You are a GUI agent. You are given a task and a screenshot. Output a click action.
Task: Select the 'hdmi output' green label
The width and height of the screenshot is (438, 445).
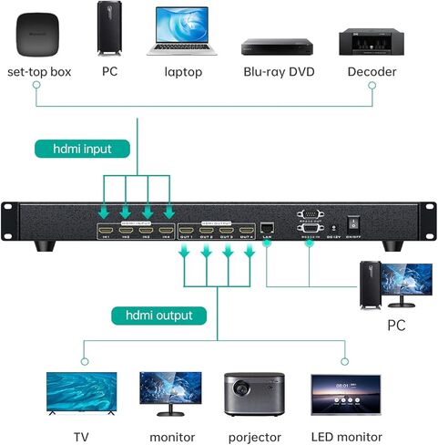click(158, 316)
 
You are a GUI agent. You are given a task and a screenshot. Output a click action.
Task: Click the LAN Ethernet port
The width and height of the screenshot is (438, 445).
click(267, 226)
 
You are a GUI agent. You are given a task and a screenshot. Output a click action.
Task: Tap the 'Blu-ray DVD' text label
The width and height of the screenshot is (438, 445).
click(276, 71)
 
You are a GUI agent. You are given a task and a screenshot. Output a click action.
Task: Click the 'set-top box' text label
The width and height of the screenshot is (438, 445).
click(38, 71)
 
